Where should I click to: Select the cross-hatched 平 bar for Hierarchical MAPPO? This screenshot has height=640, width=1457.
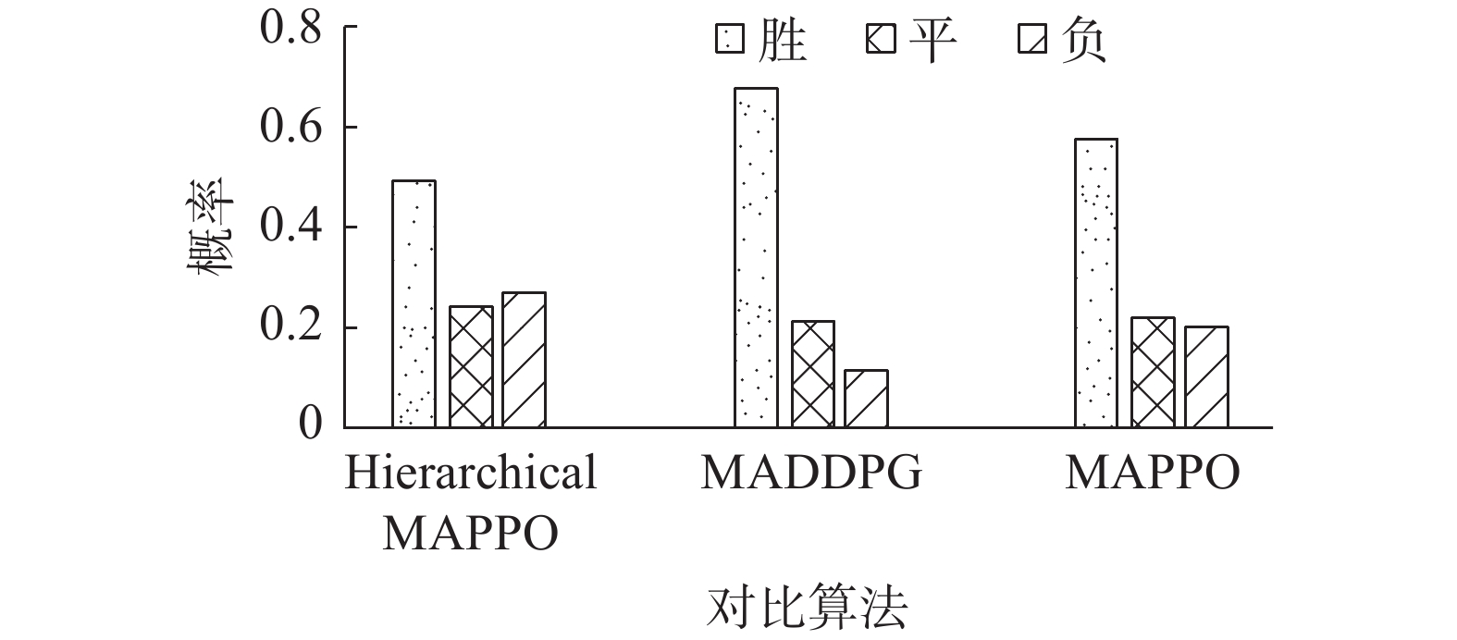point(471,367)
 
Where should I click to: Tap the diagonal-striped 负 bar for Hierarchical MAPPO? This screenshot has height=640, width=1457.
point(524,360)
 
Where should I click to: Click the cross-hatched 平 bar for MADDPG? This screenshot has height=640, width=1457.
point(812,374)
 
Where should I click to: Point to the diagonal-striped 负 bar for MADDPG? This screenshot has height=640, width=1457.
point(866,399)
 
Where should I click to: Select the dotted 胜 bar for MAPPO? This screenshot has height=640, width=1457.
point(1095,283)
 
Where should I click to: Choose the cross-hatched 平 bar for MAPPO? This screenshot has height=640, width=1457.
point(1152,372)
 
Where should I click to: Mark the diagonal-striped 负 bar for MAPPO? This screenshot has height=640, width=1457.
point(1206,376)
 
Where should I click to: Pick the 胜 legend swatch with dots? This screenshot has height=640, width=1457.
point(729,41)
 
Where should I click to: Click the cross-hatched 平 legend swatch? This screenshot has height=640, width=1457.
point(881,41)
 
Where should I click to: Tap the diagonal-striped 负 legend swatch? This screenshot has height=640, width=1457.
point(1032,41)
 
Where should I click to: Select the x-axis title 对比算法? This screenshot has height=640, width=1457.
point(806,608)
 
